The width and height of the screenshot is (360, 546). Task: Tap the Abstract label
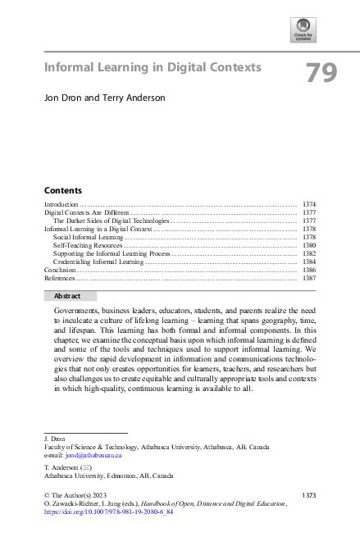click(x=66, y=295)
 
